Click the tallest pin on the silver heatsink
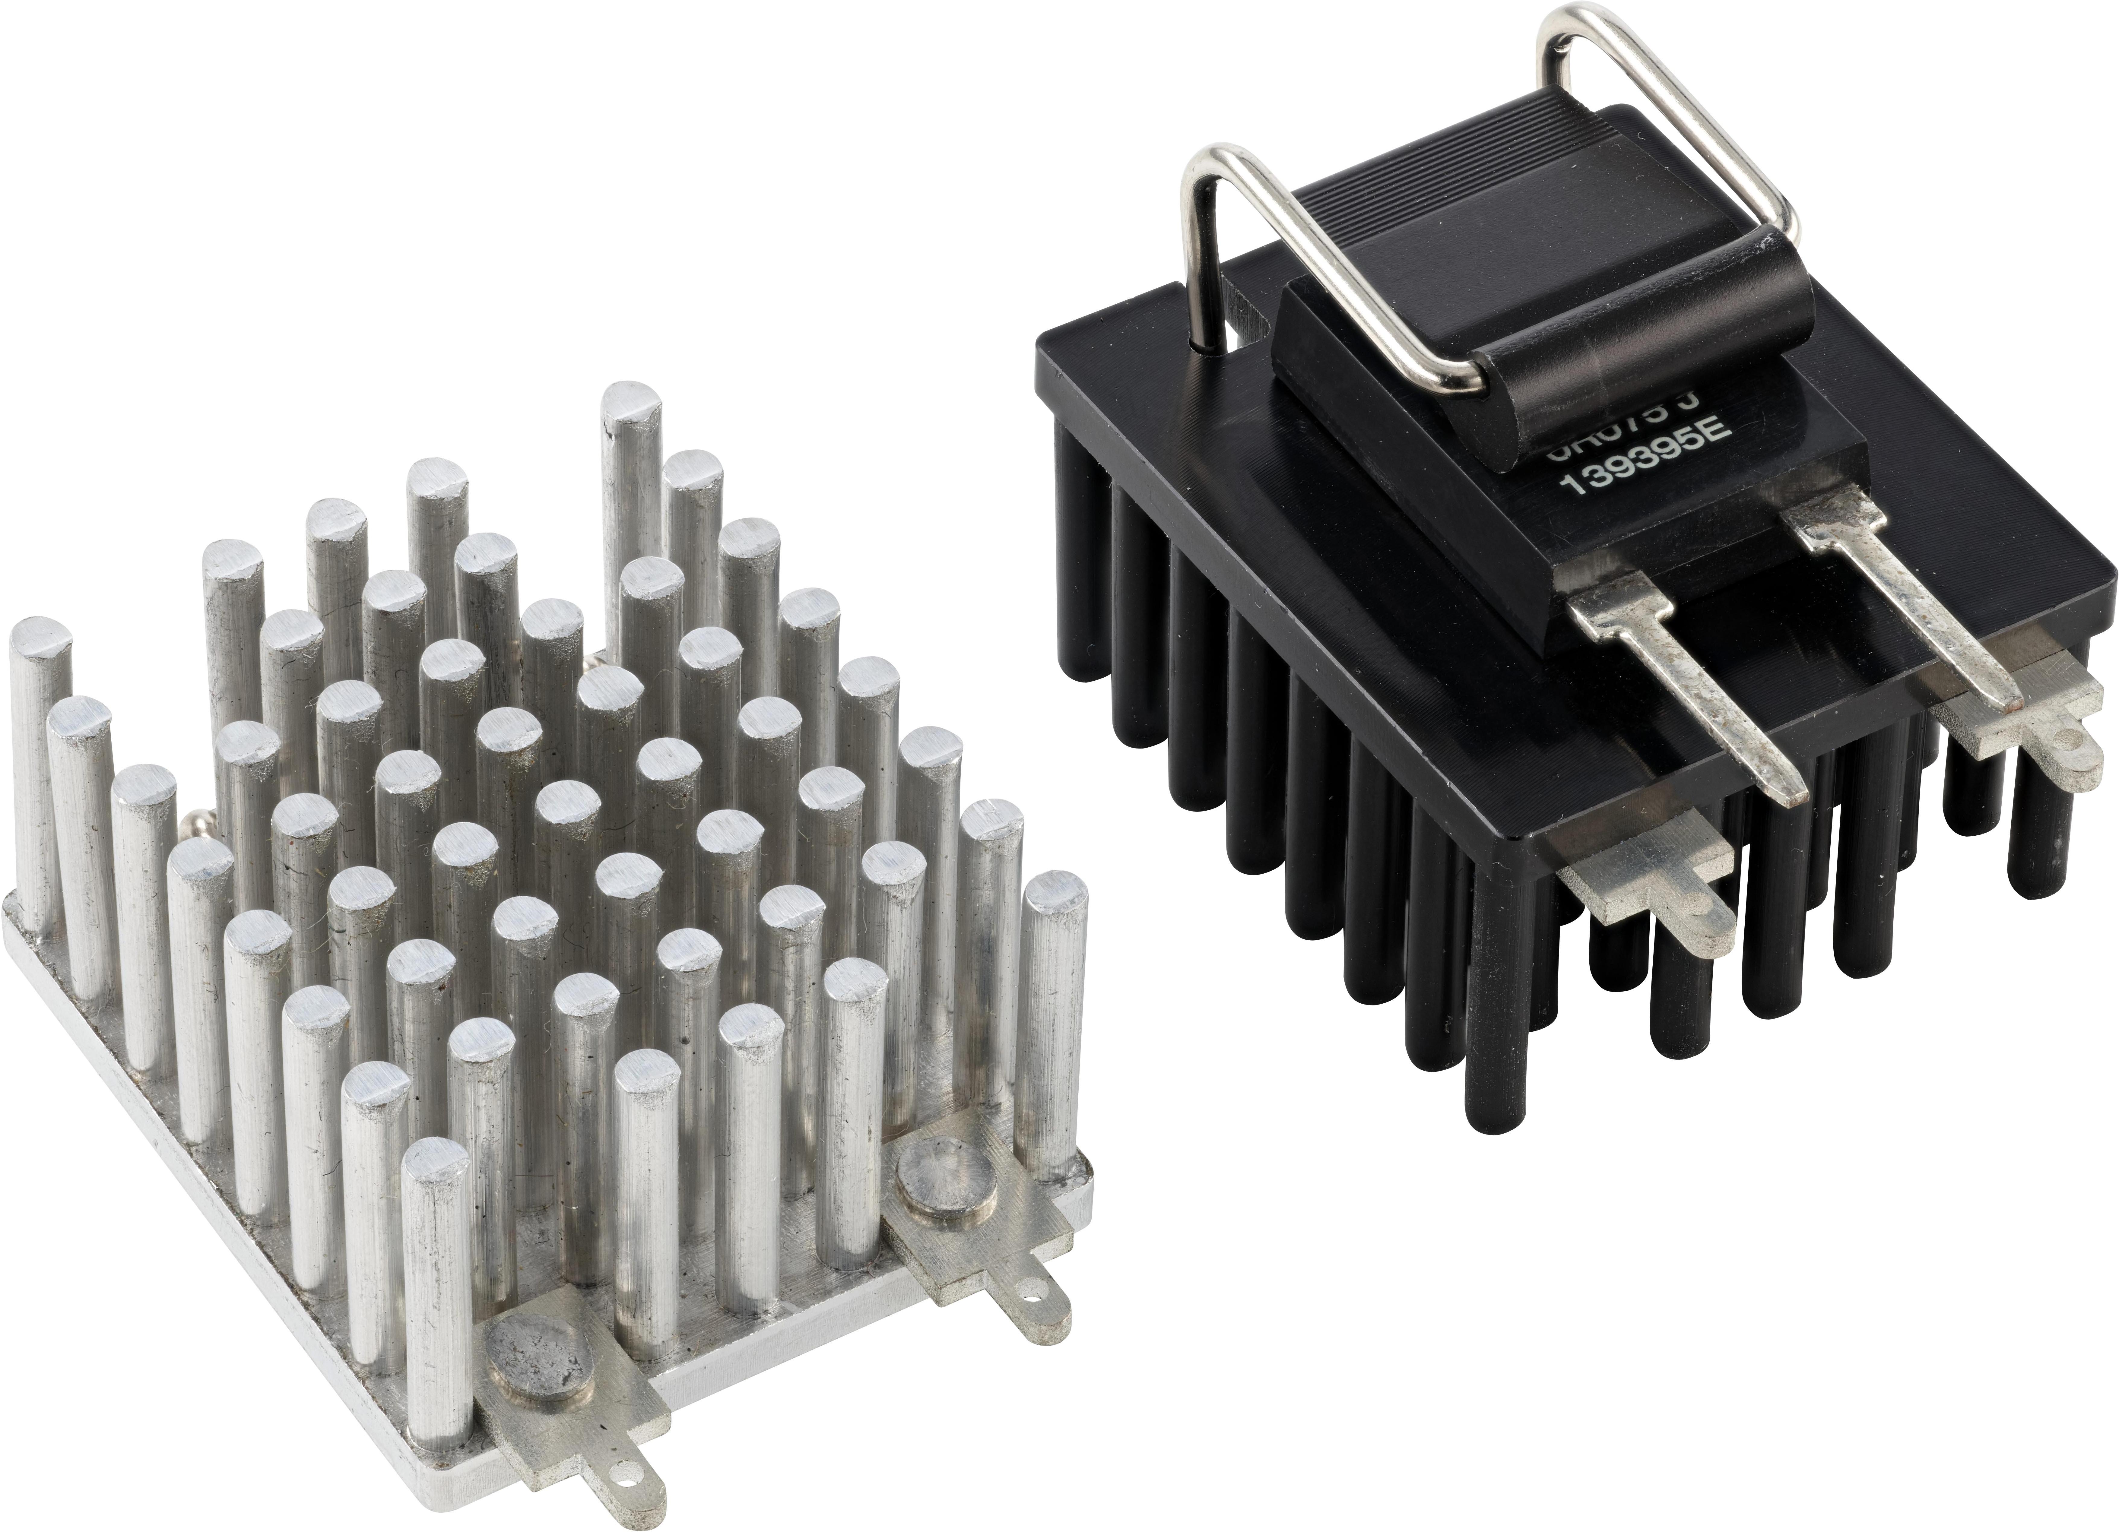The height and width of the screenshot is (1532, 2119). point(632,467)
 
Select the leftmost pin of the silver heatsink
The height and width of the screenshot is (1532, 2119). point(37,747)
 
